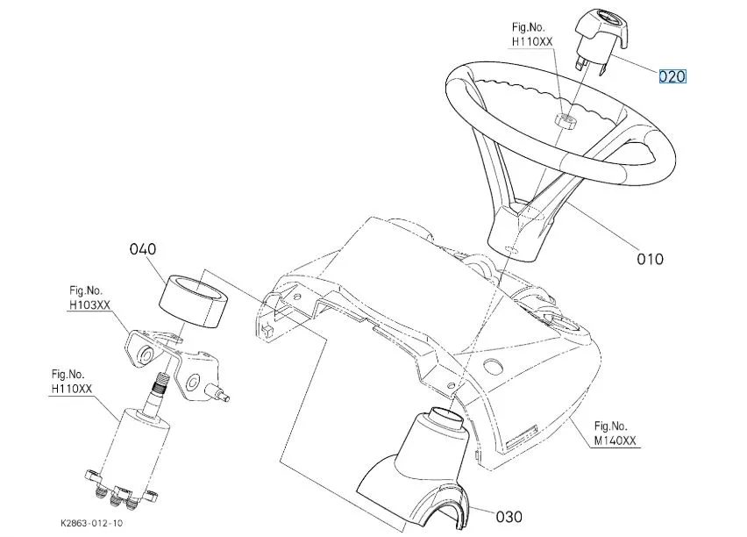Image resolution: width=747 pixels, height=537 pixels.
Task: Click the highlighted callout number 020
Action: [672, 76]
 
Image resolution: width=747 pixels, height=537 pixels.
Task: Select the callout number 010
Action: [650, 259]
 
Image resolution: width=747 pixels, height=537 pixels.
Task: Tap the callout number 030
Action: [509, 517]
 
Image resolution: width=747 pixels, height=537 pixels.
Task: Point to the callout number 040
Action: [142, 249]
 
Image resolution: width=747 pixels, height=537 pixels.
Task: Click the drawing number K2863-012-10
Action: [91, 523]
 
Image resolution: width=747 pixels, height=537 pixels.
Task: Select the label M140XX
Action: [615, 440]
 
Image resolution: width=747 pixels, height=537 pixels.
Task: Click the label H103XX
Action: [89, 304]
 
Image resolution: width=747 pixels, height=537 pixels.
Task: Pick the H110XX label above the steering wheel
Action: [532, 41]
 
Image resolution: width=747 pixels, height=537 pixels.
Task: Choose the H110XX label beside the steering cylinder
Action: [72, 390]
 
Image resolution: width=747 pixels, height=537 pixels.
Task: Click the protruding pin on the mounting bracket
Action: [217, 393]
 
